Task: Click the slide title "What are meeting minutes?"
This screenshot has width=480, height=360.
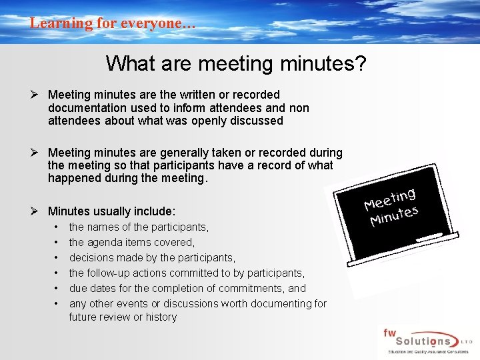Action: tap(235, 63)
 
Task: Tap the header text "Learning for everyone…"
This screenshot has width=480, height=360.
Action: tap(112, 23)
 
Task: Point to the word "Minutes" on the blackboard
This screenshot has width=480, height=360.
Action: tap(394, 216)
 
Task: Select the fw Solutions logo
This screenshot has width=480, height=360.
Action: tap(425, 342)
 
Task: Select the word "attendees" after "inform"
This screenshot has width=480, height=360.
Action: tap(237, 108)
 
